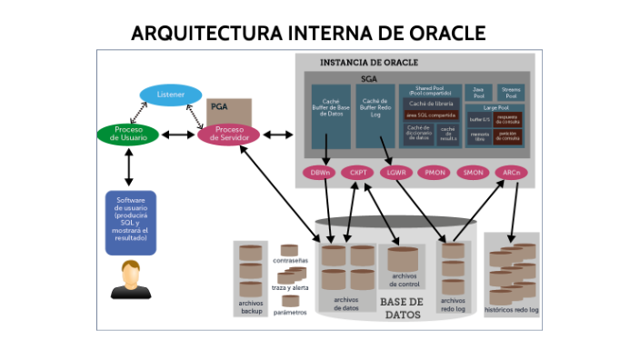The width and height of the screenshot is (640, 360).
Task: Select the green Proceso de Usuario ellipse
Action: (128, 135)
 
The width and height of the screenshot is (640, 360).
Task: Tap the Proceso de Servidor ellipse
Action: (228, 135)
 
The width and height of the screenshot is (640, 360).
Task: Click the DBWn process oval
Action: (320, 172)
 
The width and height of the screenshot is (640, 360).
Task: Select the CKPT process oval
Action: (358, 172)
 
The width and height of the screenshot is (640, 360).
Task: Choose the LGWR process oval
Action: (396, 172)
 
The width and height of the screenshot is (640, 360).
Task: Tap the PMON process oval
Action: (435, 172)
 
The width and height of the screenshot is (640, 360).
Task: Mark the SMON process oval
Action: (473, 172)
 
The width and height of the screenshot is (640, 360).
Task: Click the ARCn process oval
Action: (511, 172)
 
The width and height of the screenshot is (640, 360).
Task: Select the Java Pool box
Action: (479, 92)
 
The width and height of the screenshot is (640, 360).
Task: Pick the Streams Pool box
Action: (510, 92)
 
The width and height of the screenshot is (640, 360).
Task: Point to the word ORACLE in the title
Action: (440, 34)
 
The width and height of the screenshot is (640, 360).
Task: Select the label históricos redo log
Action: (512, 310)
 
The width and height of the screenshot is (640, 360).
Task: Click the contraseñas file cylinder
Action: (290, 250)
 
